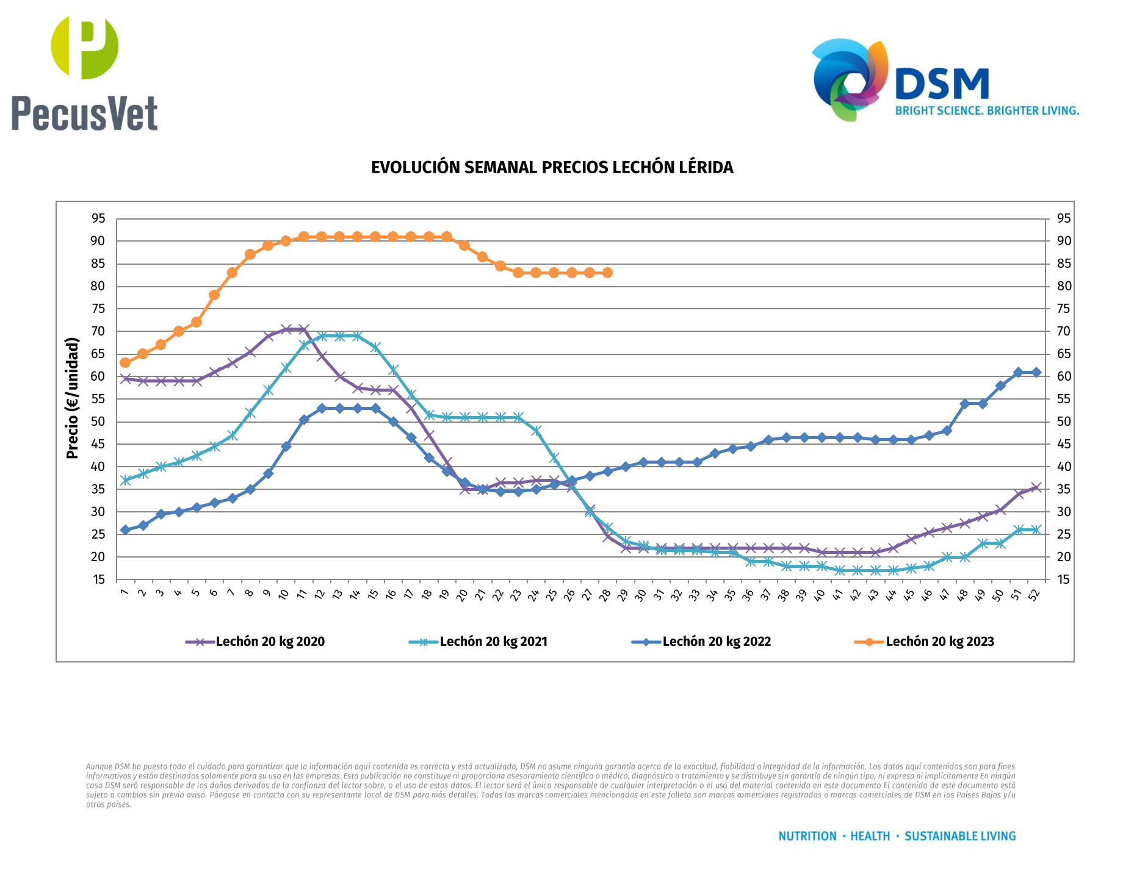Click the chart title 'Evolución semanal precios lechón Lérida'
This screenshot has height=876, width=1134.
(552, 168)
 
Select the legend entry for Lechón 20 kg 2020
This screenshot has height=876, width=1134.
(270, 642)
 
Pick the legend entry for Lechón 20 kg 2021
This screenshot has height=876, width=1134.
(493, 642)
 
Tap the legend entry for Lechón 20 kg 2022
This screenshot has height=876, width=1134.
(717, 642)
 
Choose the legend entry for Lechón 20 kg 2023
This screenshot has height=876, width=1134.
(940, 642)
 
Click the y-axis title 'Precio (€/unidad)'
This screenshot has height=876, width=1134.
(73, 398)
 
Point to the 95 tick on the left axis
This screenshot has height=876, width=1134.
(98, 218)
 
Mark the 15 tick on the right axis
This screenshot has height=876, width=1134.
(1064, 580)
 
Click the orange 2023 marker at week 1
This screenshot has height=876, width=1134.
(125, 363)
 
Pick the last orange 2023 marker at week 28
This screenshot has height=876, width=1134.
(607, 273)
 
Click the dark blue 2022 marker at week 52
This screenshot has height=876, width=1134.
(1036, 372)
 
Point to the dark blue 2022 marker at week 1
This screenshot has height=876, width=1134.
(125, 530)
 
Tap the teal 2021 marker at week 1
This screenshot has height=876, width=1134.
(125, 480)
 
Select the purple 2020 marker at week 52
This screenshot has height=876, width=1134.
(1036, 487)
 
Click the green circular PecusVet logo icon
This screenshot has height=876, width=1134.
(85, 48)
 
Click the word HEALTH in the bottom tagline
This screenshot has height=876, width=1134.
(870, 836)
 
